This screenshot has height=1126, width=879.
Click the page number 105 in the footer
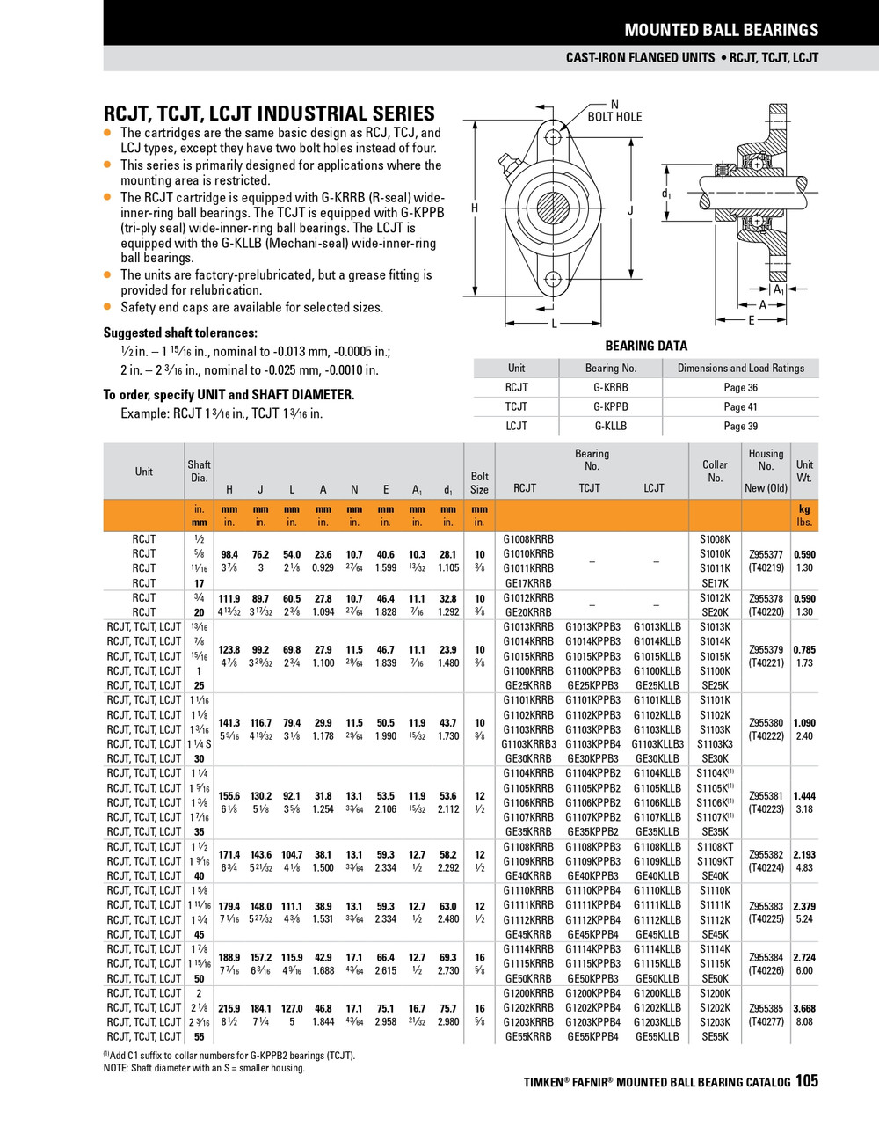[806, 1080]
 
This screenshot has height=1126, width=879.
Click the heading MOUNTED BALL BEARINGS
[721, 30]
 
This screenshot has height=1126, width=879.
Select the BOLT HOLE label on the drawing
[614, 116]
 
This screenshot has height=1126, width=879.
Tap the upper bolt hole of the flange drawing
[553, 138]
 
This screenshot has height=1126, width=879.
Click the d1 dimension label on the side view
[666, 194]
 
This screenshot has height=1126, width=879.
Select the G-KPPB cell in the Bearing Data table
[610, 406]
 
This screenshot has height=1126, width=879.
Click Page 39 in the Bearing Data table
[740, 426]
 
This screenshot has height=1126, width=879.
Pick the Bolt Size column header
[479, 483]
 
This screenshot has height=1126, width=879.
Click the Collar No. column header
[715, 471]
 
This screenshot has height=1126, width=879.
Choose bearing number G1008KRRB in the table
[528, 539]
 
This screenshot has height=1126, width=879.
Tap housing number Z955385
[766, 1008]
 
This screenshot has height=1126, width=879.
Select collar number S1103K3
[715, 744]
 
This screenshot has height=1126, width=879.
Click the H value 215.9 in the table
[229, 1008]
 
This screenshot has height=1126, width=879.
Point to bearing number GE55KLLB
[657, 1037]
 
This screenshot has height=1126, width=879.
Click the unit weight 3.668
[804, 1008]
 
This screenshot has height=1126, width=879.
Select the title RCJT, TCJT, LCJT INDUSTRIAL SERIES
[269, 113]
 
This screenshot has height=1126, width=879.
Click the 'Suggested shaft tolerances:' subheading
[180, 333]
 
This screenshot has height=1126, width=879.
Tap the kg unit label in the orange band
[804, 509]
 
